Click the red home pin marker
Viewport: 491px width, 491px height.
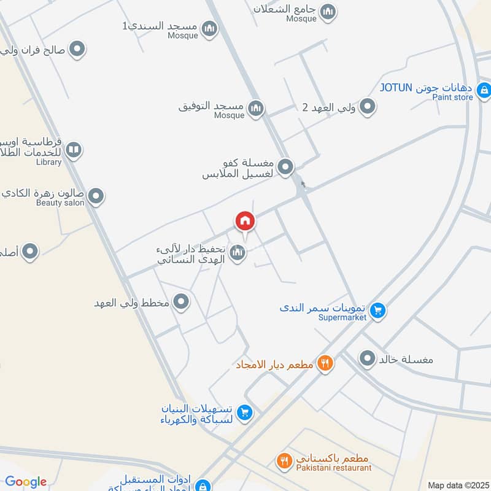point(244,221)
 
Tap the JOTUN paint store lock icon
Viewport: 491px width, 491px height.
point(484,91)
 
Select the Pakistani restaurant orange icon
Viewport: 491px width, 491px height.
point(284,460)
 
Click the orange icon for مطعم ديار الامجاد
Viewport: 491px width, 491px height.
point(325,363)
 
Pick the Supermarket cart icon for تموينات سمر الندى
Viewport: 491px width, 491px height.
point(378,311)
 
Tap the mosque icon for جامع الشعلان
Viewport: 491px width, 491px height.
point(328,11)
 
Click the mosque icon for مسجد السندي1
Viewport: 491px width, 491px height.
point(209,28)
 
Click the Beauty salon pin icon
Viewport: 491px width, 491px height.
point(95,196)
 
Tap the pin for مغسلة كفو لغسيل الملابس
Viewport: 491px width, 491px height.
point(285,166)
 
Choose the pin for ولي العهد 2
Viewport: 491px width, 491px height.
point(367,107)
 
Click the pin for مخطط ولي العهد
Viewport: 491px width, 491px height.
point(181,302)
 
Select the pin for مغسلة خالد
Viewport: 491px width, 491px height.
point(367,358)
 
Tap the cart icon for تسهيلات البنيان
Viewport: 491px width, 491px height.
point(244,413)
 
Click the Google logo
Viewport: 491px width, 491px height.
point(26,482)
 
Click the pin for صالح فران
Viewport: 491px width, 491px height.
point(77,49)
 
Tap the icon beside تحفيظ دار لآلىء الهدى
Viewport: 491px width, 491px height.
point(238,252)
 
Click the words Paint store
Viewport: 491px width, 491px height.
point(452,98)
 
